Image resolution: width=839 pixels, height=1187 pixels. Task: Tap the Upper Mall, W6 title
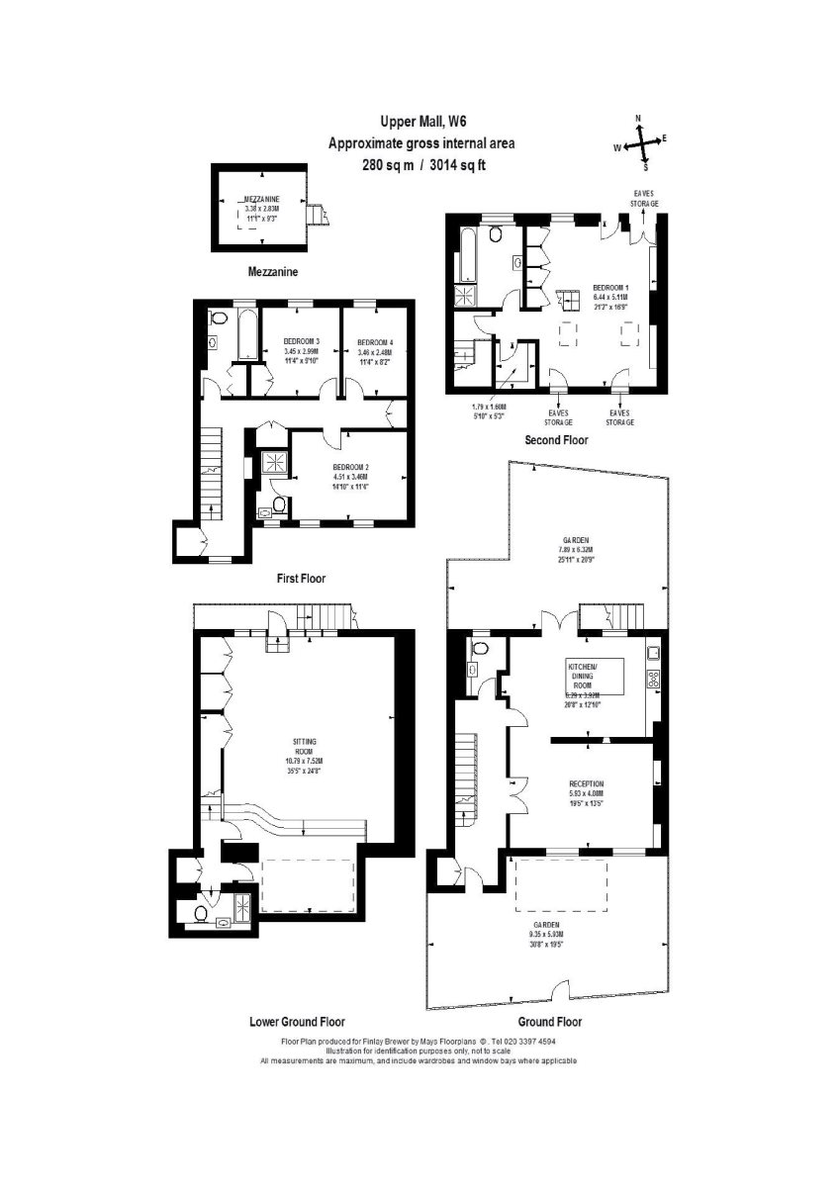coord(420,122)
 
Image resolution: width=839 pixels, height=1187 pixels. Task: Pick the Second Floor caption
coord(561,439)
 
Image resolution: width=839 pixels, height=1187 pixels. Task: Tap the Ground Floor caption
coord(549,1022)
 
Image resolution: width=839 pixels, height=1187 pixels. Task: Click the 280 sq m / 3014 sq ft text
coord(421,166)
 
